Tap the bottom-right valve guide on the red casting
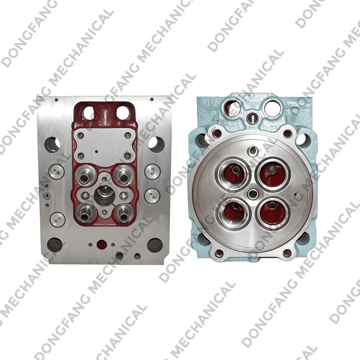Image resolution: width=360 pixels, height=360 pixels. tap(123, 215)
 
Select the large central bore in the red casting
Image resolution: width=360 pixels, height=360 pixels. tap(104, 196)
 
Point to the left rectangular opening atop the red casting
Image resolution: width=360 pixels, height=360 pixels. tap(88, 112)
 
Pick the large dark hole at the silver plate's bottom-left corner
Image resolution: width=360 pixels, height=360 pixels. tap(55, 245)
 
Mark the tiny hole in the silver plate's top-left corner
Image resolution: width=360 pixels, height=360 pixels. tap(56, 100)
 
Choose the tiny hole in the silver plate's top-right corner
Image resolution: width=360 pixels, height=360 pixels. tap(152, 99)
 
